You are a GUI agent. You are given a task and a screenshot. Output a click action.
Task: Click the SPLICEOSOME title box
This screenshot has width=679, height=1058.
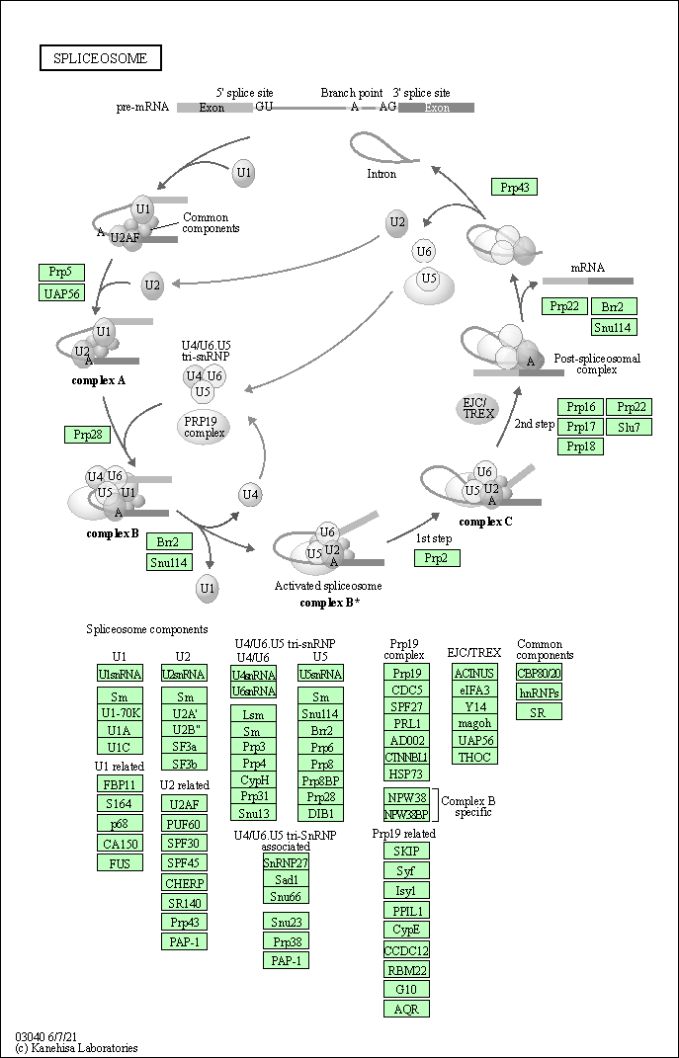(101, 58)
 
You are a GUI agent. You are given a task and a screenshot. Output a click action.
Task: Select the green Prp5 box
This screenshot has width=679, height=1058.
(61, 273)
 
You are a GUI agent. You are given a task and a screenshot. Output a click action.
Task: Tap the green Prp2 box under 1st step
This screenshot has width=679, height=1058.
(437, 558)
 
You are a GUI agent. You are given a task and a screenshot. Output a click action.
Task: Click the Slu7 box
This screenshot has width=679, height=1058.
(629, 427)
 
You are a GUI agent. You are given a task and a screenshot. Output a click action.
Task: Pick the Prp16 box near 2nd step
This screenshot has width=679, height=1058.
(581, 407)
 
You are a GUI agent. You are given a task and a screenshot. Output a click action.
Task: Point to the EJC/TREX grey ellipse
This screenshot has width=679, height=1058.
(478, 408)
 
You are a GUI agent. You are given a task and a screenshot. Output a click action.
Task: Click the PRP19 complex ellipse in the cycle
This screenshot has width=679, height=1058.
(204, 427)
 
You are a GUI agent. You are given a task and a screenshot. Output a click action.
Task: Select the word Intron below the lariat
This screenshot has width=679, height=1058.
(382, 174)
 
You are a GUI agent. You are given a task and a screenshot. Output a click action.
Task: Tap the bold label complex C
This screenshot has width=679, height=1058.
(485, 522)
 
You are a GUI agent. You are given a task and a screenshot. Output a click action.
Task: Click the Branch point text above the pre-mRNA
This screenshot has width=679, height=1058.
(352, 93)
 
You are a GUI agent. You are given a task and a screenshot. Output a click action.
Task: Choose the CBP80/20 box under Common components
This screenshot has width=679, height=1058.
(539, 674)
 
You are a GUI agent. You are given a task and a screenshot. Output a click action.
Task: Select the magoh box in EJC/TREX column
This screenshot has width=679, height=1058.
(474, 724)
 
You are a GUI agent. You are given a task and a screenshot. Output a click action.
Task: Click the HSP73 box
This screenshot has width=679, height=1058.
(406, 774)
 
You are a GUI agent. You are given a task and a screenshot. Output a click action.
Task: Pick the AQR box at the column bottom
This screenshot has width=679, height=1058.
(406, 1009)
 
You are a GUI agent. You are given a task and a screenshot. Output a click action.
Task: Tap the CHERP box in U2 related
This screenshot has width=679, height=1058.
(184, 884)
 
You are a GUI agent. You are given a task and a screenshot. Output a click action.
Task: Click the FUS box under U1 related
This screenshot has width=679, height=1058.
(120, 862)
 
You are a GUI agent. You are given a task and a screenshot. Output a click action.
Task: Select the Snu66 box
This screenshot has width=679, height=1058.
(286, 896)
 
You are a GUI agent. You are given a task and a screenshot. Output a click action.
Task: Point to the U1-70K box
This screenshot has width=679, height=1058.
(120, 713)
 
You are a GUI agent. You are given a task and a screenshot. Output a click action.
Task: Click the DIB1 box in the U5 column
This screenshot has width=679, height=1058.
(320, 814)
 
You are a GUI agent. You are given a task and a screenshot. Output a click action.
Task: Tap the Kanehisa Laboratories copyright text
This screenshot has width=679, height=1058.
(76, 1048)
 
